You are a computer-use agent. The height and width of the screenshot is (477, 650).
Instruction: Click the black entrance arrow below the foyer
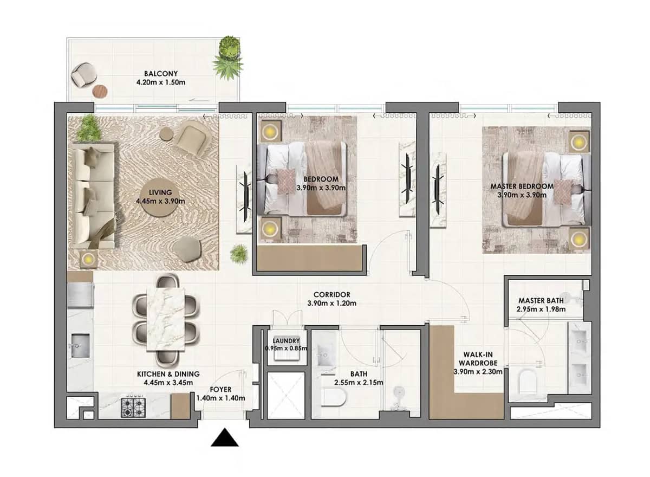point(225,438)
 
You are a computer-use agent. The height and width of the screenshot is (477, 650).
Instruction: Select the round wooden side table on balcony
point(101,91)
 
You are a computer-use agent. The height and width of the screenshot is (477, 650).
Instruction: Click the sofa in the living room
point(93,195)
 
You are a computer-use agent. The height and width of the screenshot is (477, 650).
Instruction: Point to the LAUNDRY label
point(287,340)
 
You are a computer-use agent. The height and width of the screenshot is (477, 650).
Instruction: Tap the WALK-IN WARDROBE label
point(474,357)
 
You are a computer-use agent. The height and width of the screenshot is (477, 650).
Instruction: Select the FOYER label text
point(220,389)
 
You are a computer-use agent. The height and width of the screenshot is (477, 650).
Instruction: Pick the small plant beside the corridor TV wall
point(238,253)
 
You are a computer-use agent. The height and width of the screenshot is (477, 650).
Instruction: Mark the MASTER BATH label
point(541,300)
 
